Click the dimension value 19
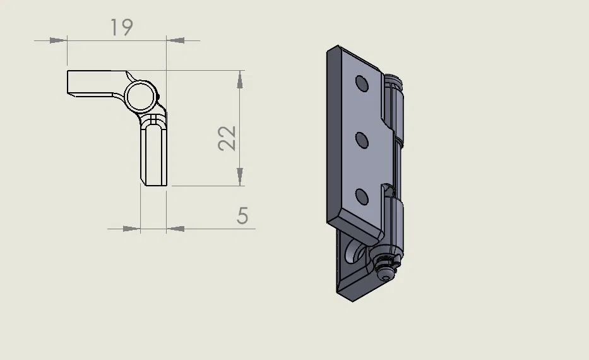[121, 28]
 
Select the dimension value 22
[228, 138]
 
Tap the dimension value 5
[243, 216]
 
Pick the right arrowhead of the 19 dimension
[176, 40]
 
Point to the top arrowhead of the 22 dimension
[239, 80]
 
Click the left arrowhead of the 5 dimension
[131, 229]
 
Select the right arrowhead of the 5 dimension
[176, 229]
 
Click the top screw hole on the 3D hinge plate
[362, 84]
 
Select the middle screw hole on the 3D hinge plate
[362, 140]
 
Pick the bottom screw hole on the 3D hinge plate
[362, 197]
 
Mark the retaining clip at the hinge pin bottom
[385, 265]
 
